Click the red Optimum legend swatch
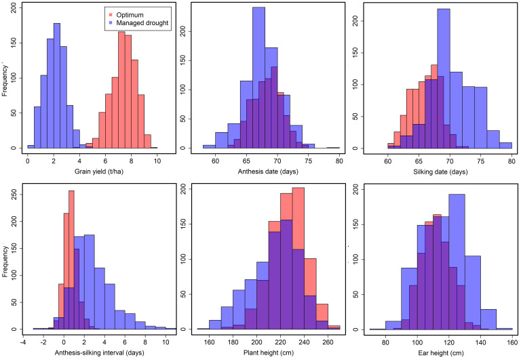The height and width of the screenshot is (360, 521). (109, 14)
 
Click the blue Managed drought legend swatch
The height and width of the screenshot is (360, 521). (109, 23)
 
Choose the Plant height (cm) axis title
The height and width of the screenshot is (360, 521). (269, 353)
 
